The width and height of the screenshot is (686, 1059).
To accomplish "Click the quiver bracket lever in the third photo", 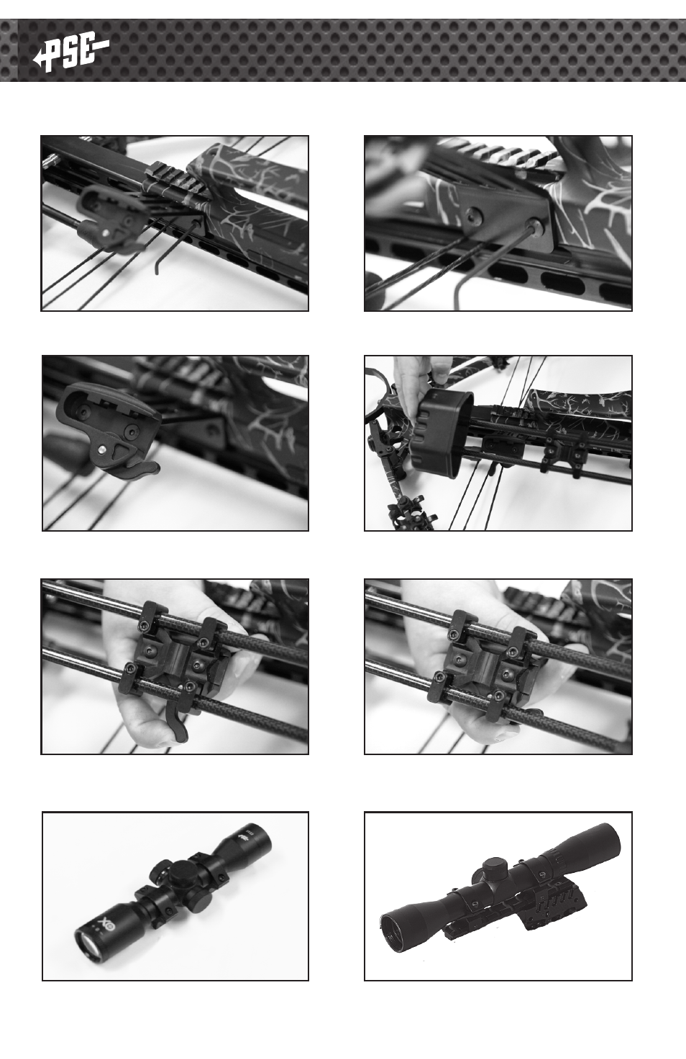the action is (141, 468).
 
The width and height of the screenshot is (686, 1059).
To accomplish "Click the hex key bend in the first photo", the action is (157, 269).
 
